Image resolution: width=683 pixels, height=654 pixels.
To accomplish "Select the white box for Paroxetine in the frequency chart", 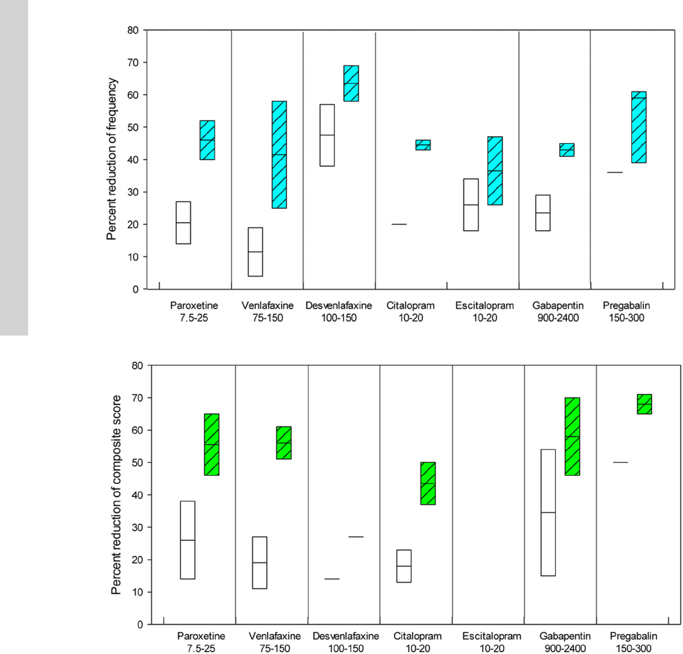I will tap(184, 222).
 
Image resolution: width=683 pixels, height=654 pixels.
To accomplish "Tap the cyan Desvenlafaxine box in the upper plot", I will tap(351, 83).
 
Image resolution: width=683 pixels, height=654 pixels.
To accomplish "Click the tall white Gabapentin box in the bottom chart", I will tap(549, 512).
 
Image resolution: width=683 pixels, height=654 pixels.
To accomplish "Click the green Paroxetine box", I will tap(212, 444).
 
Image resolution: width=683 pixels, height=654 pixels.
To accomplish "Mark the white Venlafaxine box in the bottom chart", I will tap(259, 563).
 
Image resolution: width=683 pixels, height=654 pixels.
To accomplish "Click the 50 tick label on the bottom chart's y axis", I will tap(138, 463).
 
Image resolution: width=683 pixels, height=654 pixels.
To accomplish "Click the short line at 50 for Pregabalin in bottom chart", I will tap(620, 462).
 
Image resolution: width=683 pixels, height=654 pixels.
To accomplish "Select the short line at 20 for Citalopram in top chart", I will tap(400, 224).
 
